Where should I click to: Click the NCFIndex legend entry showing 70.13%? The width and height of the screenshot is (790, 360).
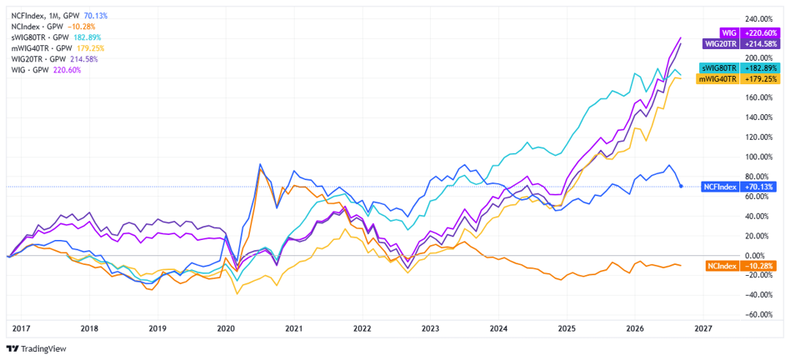59,16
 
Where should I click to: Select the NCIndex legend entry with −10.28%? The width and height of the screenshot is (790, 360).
52,26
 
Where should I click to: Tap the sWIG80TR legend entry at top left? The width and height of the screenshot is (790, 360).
56,37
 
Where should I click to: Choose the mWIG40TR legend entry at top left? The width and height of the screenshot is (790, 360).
57,48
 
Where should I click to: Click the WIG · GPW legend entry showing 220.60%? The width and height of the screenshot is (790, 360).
45,70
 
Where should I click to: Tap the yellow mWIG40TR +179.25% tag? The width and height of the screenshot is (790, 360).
738,79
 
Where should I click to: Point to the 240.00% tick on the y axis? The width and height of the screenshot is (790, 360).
759,18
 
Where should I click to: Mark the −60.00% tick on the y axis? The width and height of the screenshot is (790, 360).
759,315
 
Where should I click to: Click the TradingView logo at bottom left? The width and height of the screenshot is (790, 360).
36,348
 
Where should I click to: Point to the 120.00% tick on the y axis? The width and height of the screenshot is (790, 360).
759,137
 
